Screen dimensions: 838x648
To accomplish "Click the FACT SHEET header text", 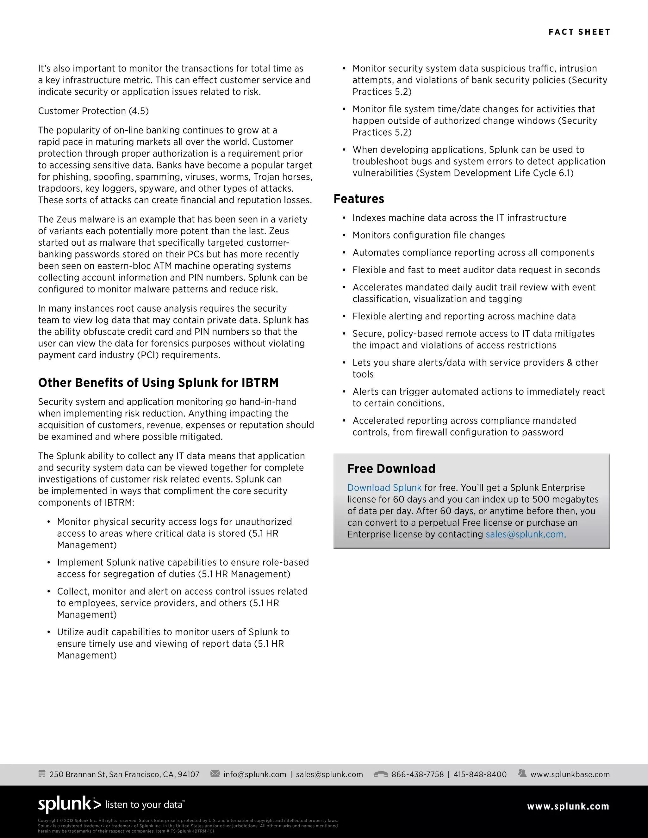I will pyautogui.click(x=579, y=32).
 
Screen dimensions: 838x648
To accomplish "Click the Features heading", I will pyautogui.click(x=358, y=199).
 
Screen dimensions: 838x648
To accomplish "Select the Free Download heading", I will pyautogui.click(x=391, y=469).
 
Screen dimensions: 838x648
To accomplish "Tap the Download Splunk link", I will pyautogui.click(x=384, y=488).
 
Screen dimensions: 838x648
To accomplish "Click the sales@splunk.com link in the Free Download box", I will pyautogui.click(x=526, y=534).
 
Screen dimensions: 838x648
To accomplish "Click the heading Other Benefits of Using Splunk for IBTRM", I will pyautogui.click(x=158, y=383).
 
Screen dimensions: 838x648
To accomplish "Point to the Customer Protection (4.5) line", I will pyautogui.click(x=93, y=111).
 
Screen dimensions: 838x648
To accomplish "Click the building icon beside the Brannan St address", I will pyautogui.click(x=42, y=773).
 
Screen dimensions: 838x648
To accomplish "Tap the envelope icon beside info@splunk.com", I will pyautogui.click(x=215, y=773).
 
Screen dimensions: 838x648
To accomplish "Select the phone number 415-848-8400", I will pyautogui.click(x=480, y=774).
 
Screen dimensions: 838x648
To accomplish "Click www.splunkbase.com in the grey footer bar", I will pyautogui.click(x=570, y=774).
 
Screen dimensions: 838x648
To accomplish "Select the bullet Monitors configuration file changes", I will pyautogui.click(x=428, y=235).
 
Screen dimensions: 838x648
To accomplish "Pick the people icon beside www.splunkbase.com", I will pyautogui.click(x=522, y=773).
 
